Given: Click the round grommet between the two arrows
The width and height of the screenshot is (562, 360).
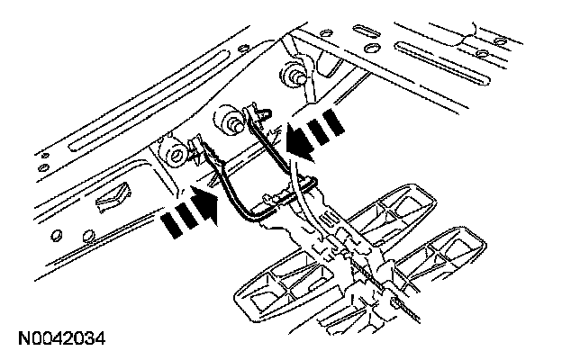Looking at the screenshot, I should (x=226, y=119).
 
